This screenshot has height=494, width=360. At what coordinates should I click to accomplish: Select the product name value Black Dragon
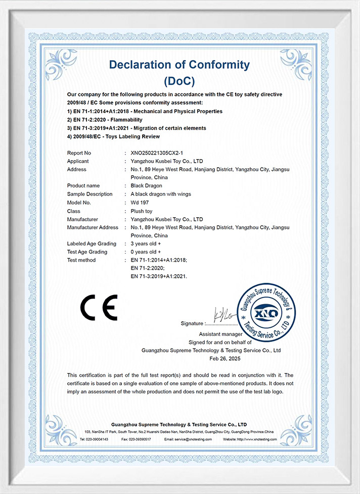(146, 186)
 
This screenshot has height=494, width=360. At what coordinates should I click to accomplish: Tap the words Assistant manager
(220, 334)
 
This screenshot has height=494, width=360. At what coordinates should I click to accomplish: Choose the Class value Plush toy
(142, 211)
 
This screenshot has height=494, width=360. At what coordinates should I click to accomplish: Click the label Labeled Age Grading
(92, 244)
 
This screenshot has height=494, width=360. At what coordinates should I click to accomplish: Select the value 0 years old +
(146, 252)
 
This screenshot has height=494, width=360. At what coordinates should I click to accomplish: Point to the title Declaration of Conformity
(179, 65)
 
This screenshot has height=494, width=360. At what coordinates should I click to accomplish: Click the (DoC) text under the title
(179, 81)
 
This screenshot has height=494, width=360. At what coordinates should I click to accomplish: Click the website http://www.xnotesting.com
(257, 440)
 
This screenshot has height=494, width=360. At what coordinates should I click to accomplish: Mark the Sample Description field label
(90, 194)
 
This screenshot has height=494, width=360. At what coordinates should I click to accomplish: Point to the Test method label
(81, 260)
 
